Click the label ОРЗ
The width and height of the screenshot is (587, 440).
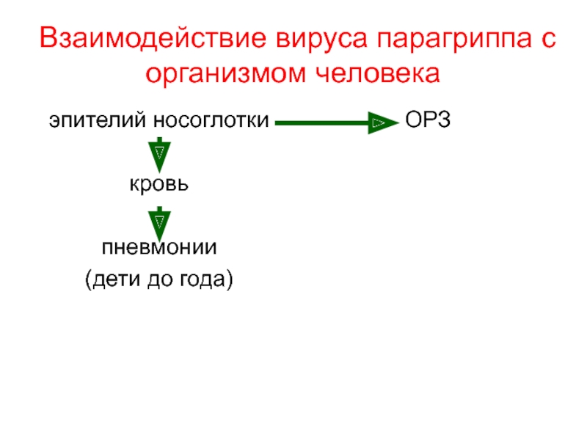pos(427,120)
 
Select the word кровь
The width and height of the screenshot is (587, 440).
pos(159,183)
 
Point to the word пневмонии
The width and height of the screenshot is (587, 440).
pos(159,246)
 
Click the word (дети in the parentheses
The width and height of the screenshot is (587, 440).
pos(110,279)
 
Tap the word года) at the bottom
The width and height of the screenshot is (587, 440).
pos(206,279)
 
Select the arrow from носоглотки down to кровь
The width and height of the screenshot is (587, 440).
pos(159,153)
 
